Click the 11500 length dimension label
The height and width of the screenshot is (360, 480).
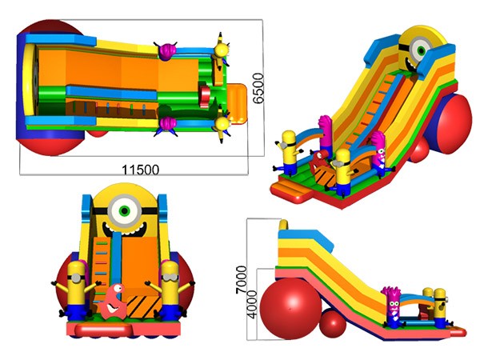[x=141, y=170]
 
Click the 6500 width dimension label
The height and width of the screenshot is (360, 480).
[x=258, y=88]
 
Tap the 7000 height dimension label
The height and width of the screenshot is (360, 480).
[x=241, y=279]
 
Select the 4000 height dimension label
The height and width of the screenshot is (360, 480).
[x=252, y=305]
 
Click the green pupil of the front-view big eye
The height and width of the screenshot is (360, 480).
[x=124, y=210]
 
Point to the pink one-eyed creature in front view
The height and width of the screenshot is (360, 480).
[x=113, y=302]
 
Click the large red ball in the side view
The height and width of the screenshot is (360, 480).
[x=291, y=308]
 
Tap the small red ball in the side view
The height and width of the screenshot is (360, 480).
[x=333, y=323]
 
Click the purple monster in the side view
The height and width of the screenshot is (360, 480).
[x=393, y=307]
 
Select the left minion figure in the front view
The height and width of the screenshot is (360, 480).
[x=76, y=291]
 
